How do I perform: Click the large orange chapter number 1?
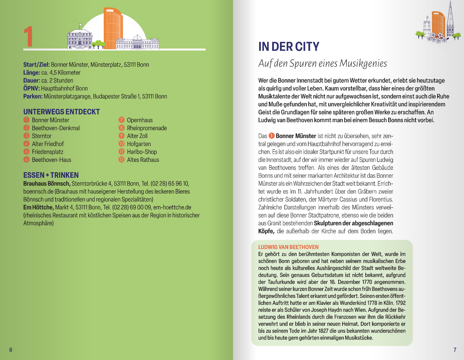pyautogui.click(x=28, y=37)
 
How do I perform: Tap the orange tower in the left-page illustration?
pyautogui.click(x=113, y=29)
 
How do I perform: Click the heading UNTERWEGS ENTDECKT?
pyautogui.click(x=61, y=112)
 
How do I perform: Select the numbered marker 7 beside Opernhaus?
pyautogui.click(x=121, y=120)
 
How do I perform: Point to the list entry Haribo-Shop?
pyautogui.click(x=142, y=152)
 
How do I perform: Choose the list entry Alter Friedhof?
pyautogui.click(x=48, y=144)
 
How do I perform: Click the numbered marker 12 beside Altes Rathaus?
pyautogui.click(x=121, y=160)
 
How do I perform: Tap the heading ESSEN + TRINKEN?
pyautogui.click(x=51, y=175)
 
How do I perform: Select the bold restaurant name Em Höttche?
pyautogui.click(x=38, y=207)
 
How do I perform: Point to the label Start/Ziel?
pyautogui.click(x=36, y=65)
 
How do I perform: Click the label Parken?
pyautogui.click(x=33, y=96)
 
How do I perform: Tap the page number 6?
pyautogui.click(x=11, y=350)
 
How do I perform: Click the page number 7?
pyautogui.click(x=455, y=350)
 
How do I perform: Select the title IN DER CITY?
pyautogui.click(x=289, y=47)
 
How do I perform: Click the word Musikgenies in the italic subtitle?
pyautogui.click(x=363, y=64)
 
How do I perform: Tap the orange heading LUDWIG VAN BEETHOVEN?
pyautogui.click(x=288, y=247)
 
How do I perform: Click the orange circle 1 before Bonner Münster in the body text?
pyautogui.click(x=271, y=136)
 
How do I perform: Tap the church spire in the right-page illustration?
pyautogui.click(x=450, y=16)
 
